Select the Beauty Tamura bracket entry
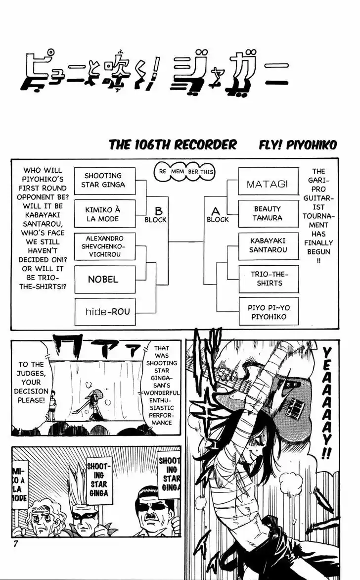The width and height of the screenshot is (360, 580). [x=268, y=213]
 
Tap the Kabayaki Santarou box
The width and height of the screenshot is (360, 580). [x=268, y=245]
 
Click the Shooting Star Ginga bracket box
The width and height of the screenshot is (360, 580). [x=103, y=181]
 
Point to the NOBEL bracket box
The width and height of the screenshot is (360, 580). [x=103, y=280]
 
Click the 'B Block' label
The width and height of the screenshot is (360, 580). [x=156, y=215]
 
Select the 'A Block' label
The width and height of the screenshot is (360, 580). [x=217, y=215]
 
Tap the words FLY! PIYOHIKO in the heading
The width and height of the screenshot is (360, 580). [x=298, y=145]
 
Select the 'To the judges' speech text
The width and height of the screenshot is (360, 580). [x=31, y=382]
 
